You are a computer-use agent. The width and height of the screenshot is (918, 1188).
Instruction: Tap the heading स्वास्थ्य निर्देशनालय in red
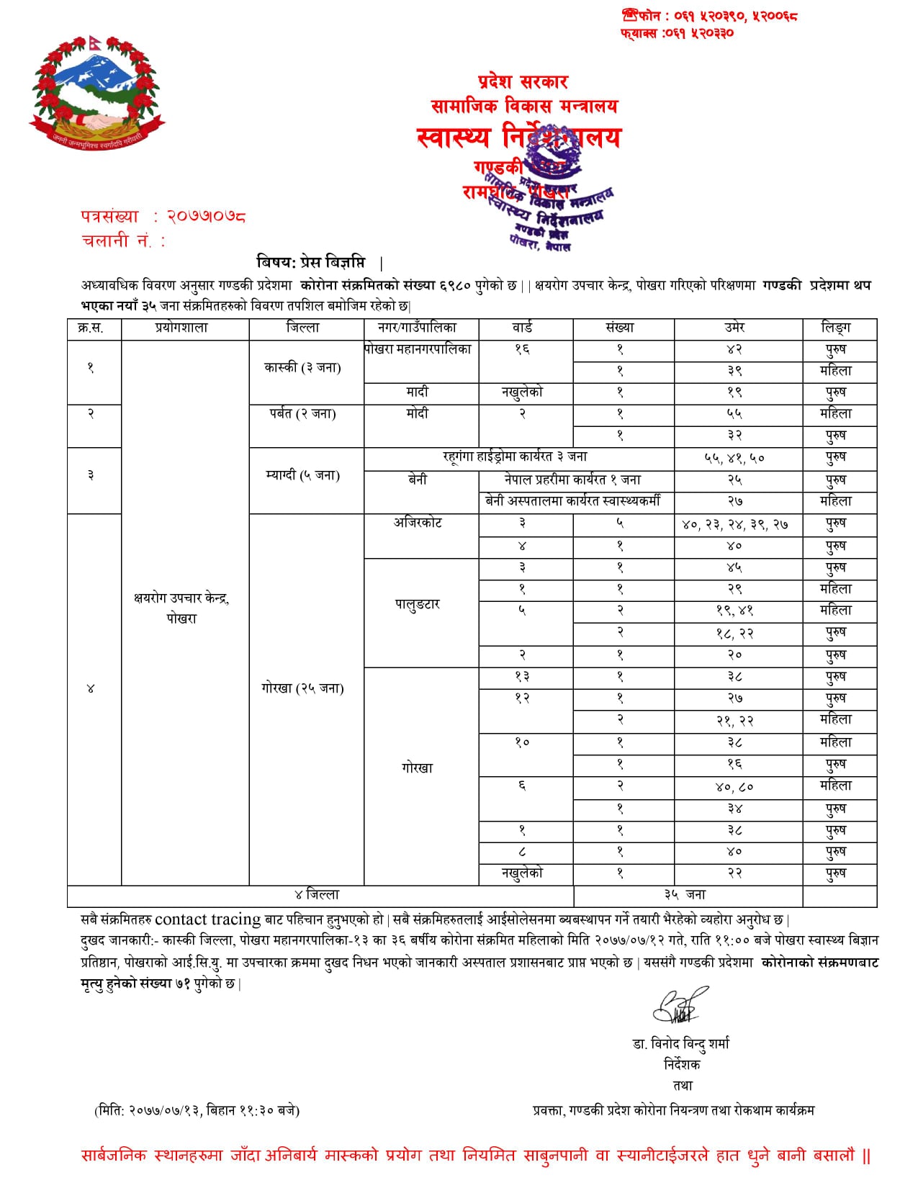518,137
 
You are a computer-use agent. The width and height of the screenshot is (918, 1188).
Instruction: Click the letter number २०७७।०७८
206,216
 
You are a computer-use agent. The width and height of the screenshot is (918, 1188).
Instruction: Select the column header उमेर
734,328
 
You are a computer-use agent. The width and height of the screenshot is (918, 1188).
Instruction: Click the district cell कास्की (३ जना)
302,367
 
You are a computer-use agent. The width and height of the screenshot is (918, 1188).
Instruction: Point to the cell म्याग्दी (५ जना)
302,475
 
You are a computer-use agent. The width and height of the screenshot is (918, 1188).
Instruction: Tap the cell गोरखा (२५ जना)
302,688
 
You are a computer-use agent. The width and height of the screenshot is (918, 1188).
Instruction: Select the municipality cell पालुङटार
418,605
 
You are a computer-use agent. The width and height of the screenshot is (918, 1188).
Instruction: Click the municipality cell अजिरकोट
418,523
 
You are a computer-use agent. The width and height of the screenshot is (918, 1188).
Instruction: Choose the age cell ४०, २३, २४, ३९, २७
734,525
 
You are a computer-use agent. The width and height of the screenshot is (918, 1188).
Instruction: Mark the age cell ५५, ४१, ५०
734,458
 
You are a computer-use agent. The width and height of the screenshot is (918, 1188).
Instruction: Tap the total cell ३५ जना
685,895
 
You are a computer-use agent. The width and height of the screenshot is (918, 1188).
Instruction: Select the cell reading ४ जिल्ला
317,895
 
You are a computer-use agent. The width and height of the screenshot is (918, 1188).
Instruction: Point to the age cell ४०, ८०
734,787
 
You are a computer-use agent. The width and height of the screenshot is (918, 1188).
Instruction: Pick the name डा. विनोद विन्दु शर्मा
681,1043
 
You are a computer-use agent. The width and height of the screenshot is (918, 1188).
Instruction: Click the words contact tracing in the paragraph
208,919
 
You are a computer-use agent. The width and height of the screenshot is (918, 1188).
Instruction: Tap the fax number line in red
677,33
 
